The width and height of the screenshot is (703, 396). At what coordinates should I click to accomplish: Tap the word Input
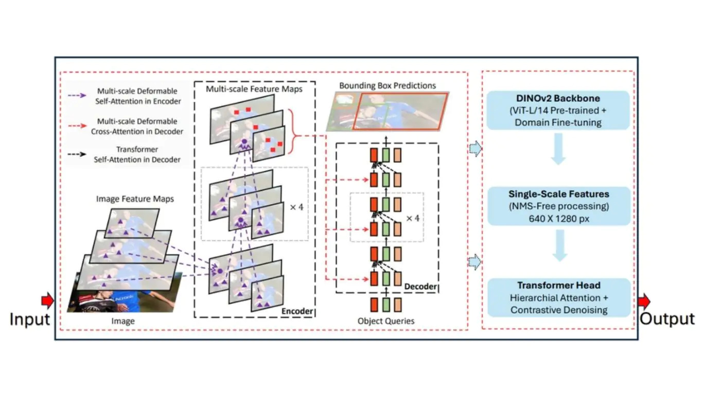point(30,319)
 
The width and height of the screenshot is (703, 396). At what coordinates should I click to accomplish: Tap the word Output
point(667,319)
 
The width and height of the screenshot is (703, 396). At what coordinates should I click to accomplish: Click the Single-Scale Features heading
point(559,194)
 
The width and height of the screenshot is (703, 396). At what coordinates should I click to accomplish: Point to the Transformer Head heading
point(558,285)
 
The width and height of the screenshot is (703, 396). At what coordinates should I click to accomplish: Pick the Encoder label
point(297,311)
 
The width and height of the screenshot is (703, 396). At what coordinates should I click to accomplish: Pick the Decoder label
point(420,286)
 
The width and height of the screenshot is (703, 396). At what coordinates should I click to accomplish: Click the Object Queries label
point(386,321)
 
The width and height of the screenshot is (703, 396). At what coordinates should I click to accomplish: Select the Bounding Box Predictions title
point(388,86)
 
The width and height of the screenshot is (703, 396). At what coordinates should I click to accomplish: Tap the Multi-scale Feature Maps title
point(254,89)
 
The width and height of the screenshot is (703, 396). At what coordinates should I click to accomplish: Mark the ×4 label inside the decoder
point(413,218)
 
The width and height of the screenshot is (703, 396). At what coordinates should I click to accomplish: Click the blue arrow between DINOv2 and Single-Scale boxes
point(558,149)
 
